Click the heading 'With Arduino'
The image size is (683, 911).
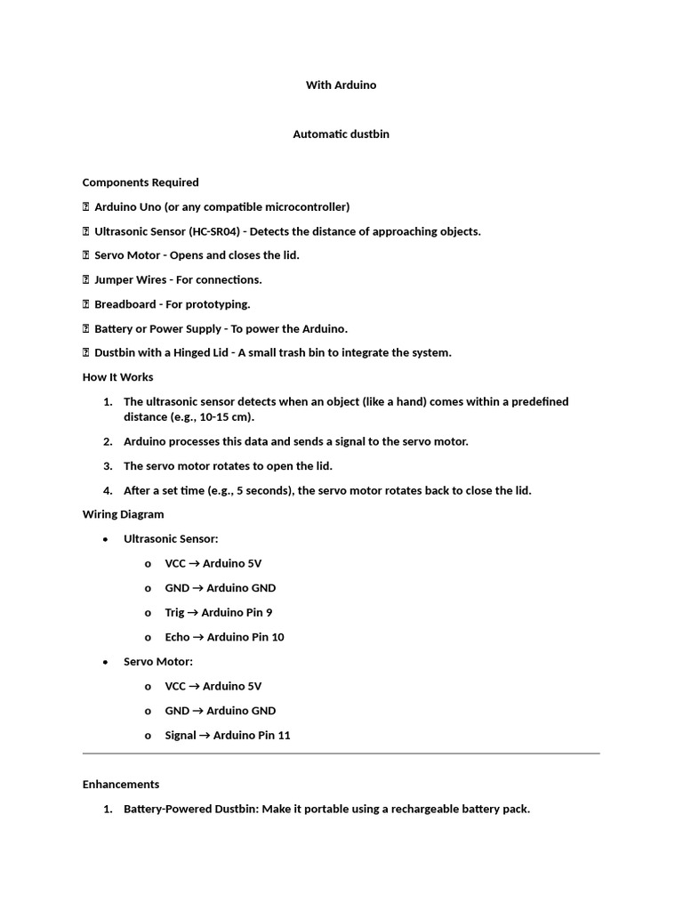[341, 85]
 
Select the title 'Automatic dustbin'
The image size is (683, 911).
[341, 134]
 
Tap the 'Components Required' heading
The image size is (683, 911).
[141, 182]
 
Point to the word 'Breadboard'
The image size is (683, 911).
[125, 304]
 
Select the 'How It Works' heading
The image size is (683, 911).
[118, 377]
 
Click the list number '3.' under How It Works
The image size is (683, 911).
[108, 466]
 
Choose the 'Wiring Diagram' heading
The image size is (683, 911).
[124, 514]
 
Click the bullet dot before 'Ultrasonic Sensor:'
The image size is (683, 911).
[106, 539]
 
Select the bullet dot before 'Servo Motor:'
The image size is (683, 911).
[106, 662]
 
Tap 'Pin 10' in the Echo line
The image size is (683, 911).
[267, 637]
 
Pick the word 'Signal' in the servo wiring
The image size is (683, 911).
[181, 736]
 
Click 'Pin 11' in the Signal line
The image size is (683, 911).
[273, 736]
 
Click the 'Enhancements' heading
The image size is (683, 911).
[121, 785]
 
